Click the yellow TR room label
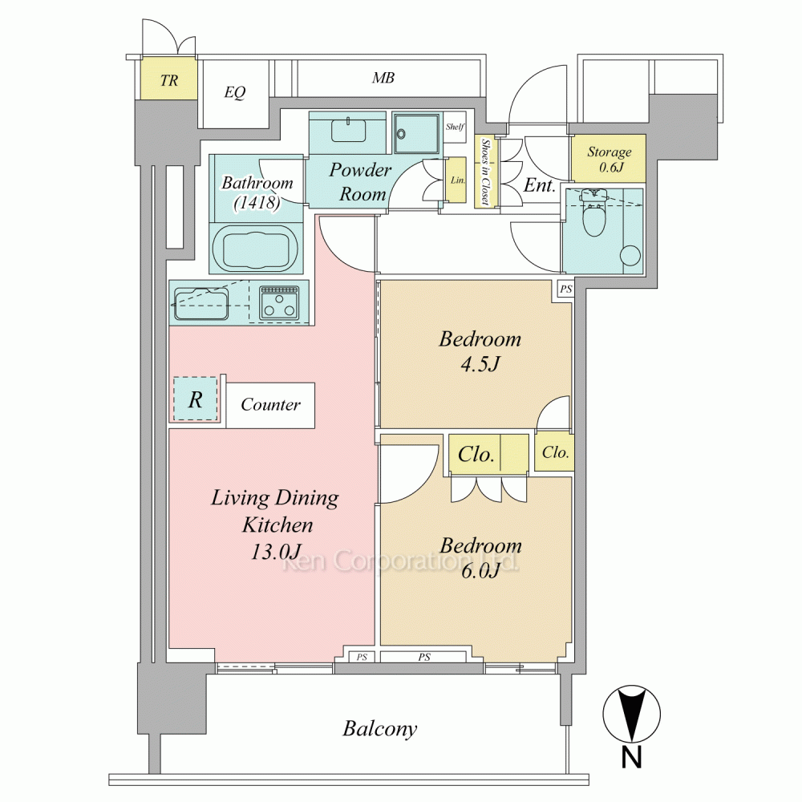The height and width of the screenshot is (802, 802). click(168, 80)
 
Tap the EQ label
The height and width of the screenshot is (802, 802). click(235, 92)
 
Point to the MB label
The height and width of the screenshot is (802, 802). click(383, 78)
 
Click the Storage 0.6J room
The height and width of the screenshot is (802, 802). click(609, 159)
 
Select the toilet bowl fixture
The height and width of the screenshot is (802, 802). click(593, 214)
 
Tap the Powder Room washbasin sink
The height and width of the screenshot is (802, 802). click(348, 130)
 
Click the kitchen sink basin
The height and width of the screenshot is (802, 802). click(201, 304)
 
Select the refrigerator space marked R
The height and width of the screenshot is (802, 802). click(196, 399)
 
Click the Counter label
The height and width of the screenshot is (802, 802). click(270, 404)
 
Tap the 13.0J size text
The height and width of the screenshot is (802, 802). click(276, 552)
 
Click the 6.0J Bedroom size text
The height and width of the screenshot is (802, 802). click(480, 570)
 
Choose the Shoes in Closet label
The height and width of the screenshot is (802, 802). click(485, 172)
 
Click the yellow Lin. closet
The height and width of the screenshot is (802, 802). click(456, 180)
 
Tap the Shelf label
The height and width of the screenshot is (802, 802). click(455, 127)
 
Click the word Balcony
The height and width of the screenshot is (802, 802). click(379, 729)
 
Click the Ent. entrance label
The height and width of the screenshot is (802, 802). click(539, 185)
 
